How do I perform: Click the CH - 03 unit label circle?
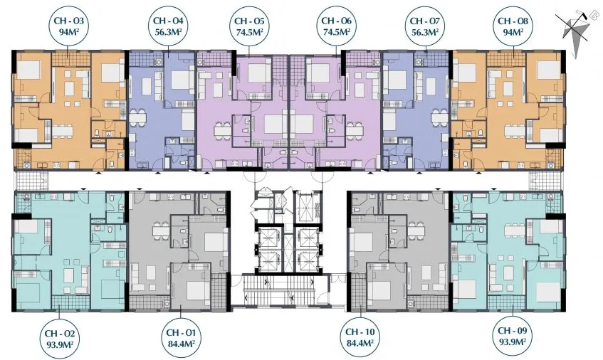(68, 26)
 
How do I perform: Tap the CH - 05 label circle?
(250, 26)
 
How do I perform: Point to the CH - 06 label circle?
(337, 26)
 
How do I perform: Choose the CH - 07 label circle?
(426, 26)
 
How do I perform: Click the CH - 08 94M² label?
(513, 26)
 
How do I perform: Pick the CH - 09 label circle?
(513, 335)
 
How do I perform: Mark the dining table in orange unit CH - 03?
(63, 131)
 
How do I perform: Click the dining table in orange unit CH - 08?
(515, 131)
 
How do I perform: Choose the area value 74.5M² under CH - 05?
(250, 32)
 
